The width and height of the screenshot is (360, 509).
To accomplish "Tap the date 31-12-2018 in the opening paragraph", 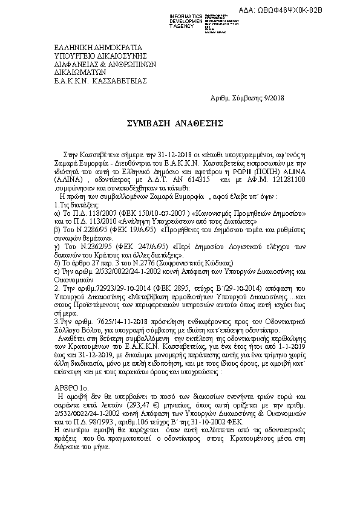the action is point(141,156).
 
